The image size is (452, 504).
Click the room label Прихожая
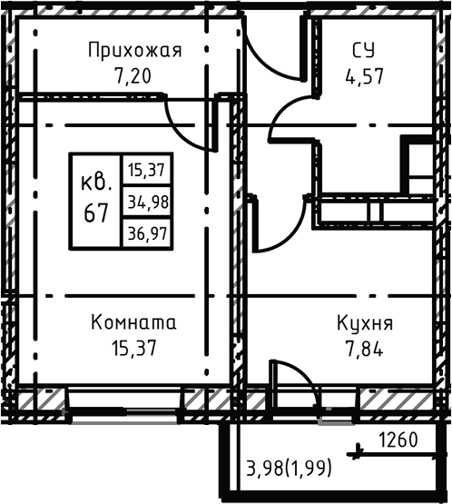click(x=134, y=50)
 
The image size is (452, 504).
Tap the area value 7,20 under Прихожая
click(x=134, y=75)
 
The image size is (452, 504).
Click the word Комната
click(x=133, y=322)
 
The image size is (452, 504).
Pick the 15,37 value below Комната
click(x=133, y=348)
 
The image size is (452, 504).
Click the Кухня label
click(x=364, y=322)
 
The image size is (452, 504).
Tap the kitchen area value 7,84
click(x=364, y=348)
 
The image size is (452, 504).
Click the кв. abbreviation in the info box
click(x=95, y=182)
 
